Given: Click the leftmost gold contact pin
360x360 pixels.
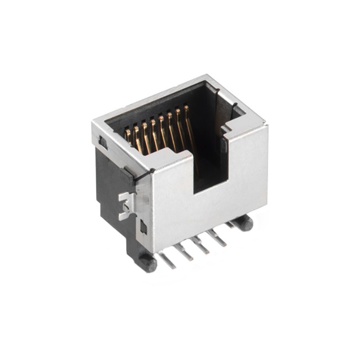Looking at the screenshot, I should pos(127,135).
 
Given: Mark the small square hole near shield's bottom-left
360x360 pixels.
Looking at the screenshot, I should pos(143,227).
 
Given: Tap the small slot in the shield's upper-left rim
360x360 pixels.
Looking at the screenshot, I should pos(103,143).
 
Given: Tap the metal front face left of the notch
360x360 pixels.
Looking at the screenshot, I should pos(171,207).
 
